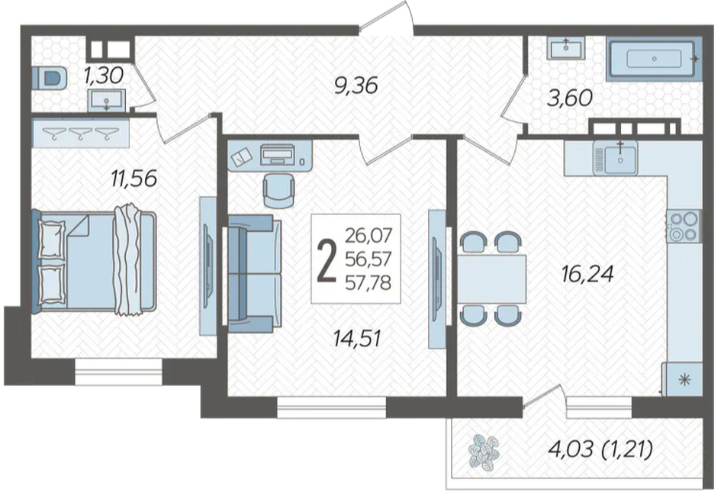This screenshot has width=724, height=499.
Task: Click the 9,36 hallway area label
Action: pos(356,86)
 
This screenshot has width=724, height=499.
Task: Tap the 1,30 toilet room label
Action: pos(104,76)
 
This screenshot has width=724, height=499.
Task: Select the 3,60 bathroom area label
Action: pos(570,98)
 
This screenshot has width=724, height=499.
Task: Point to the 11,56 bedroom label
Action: pos(134,179)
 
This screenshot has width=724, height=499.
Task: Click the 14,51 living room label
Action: pos(357,338)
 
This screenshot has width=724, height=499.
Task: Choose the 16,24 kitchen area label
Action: pos(587,274)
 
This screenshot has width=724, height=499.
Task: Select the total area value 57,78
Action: pos(368,282)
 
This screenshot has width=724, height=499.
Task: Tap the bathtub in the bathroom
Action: pos(653,59)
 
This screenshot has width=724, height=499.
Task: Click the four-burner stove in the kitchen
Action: pos(684,226)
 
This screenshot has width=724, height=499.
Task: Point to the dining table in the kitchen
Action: pos(492,278)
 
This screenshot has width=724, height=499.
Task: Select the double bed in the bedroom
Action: pos(94,261)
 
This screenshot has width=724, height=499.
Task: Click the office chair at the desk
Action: pos(279,191)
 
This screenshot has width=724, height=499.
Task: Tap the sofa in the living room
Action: pos(254,273)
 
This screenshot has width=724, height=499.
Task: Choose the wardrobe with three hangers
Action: pos(80,133)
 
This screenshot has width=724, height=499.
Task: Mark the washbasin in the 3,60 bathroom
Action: pos(565,48)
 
